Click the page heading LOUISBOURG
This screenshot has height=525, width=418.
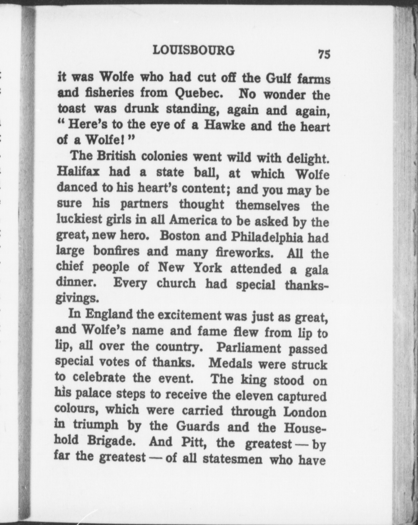point(194,51)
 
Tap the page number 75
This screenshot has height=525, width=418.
point(324,54)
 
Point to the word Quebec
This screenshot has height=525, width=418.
point(199,93)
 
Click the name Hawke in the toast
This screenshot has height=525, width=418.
point(224,125)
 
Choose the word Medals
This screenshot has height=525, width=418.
point(230,364)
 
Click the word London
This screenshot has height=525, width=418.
point(305,412)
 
